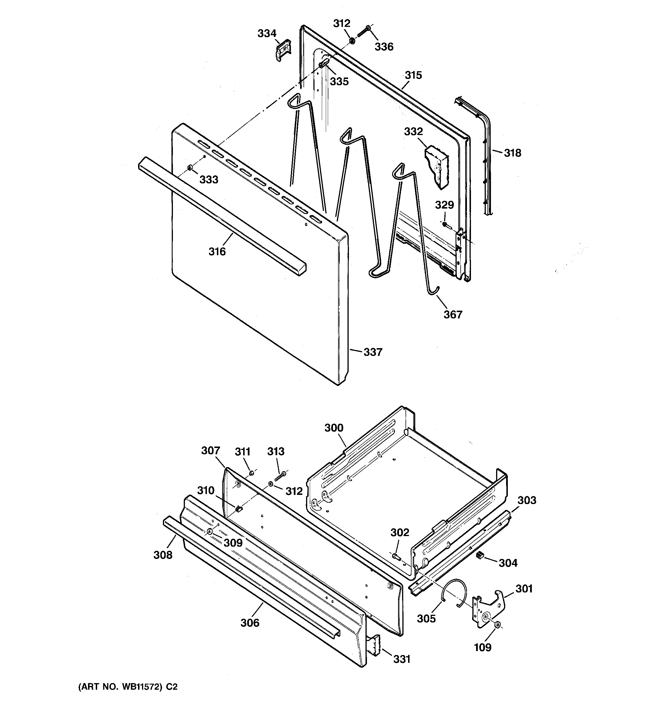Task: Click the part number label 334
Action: click(267, 33)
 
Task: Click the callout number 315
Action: click(413, 75)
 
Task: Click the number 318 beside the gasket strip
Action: click(512, 153)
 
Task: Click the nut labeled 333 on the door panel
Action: click(190, 167)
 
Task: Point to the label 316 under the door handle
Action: click(217, 251)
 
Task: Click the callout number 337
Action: click(373, 352)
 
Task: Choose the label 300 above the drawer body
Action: click(334, 428)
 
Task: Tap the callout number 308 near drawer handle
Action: click(163, 555)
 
